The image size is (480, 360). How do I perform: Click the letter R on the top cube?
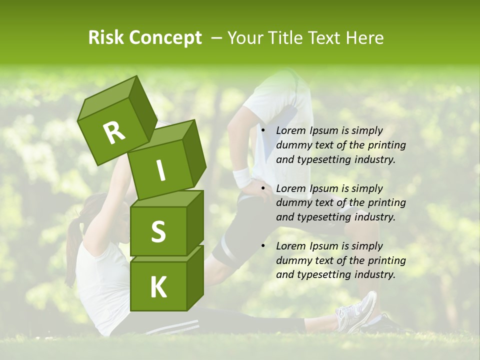click(x=114, y=132)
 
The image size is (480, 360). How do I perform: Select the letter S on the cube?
click(x=158, y=231)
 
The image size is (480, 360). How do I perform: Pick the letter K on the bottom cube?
click(x=158, y=287)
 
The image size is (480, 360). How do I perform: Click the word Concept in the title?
click(x=166, y=38)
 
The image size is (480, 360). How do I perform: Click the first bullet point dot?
click(x=262, y=131)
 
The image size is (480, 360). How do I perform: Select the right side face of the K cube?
click(x=195, y=277)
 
